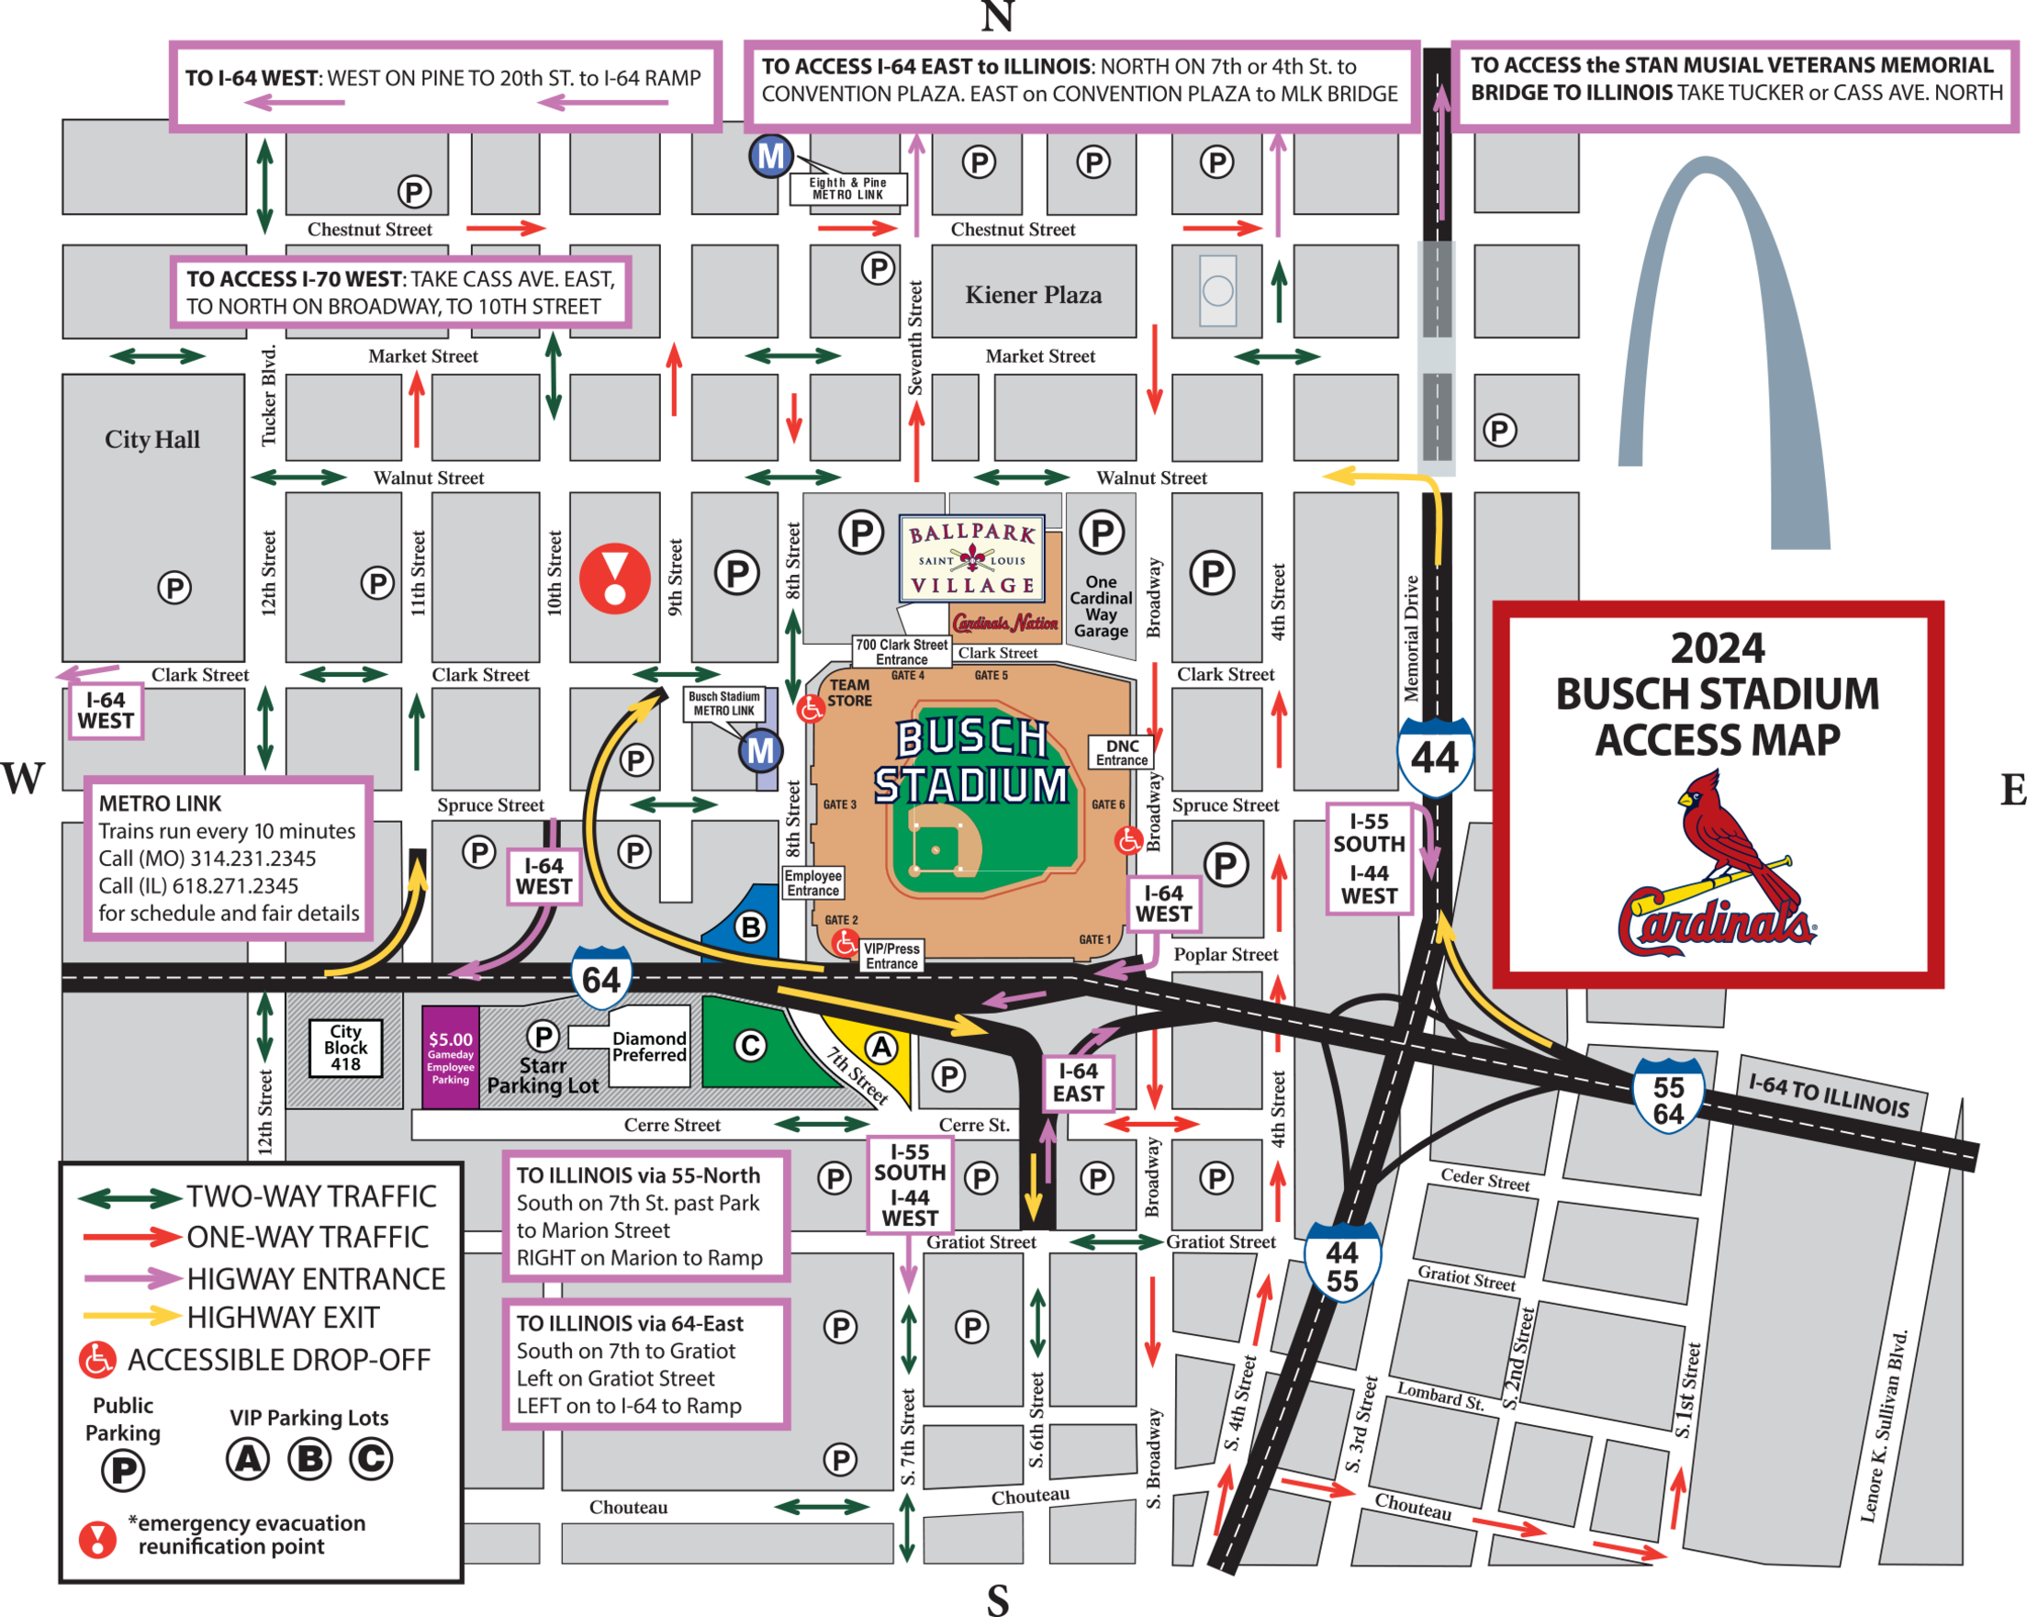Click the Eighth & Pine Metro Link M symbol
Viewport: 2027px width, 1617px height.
[x=770, y=156]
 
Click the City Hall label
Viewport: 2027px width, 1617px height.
[x=152, y=439]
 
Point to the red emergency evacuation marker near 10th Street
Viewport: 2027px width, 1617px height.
[x=614, y=578]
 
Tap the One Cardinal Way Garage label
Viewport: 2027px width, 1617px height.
[x=1101, y=606]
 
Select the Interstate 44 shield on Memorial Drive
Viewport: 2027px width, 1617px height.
[x=1434, y=756]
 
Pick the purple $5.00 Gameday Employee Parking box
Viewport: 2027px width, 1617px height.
[x=451, y=1058]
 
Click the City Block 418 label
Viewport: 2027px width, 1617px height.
[x=345, y=1048]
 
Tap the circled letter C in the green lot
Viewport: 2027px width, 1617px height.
[x=749, y=1046]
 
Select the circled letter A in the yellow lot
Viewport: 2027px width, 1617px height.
[x=880, y=1047]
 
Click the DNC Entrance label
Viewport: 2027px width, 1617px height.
[x=1122, y=752]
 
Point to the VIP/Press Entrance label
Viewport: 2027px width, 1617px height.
[x=891, y=956]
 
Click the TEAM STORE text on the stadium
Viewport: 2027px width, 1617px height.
[x=849, y=693]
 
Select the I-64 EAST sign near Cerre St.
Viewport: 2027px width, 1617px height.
[x=1078, y=1082]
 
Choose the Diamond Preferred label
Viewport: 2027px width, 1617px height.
[x=649, y=1047]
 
